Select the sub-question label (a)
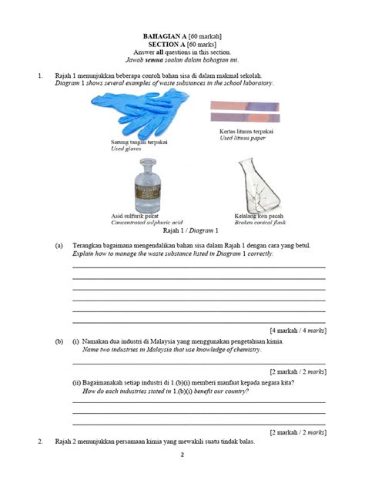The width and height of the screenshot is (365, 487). pos(59,245)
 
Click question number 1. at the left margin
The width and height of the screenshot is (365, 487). pos(40,76)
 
